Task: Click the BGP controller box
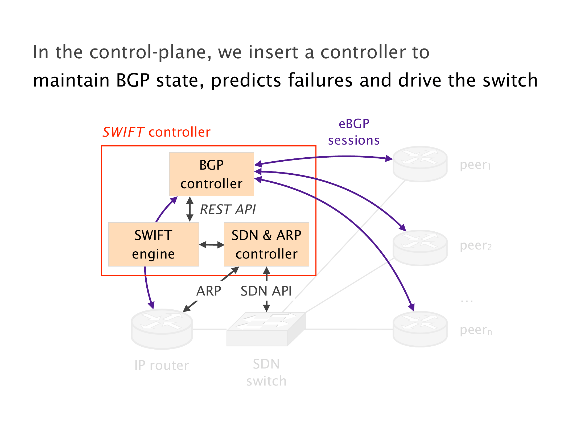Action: [x=211, y=174]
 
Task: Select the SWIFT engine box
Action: [x=153, y=244]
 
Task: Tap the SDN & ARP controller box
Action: [x=266, y=244]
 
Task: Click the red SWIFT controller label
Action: [x=157, y=132]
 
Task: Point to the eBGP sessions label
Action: [x=354, y=132]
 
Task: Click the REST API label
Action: [x=228, y=209]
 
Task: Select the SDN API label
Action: [x=266, y=291]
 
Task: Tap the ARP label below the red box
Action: [x=209, y=291]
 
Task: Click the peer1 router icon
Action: [x=420, y=164]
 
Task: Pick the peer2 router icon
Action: [x=420, y=248]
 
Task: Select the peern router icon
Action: [x=420, y=329]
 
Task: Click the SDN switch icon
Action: [x=266, y=329]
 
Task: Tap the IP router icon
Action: [x=162, y=329]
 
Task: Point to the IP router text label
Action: [x=162, y=365]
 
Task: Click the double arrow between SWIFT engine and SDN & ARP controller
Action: [x=212, y=245]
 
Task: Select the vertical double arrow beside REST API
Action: [x=190, y=209]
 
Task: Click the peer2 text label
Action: [x=476, y=246]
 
